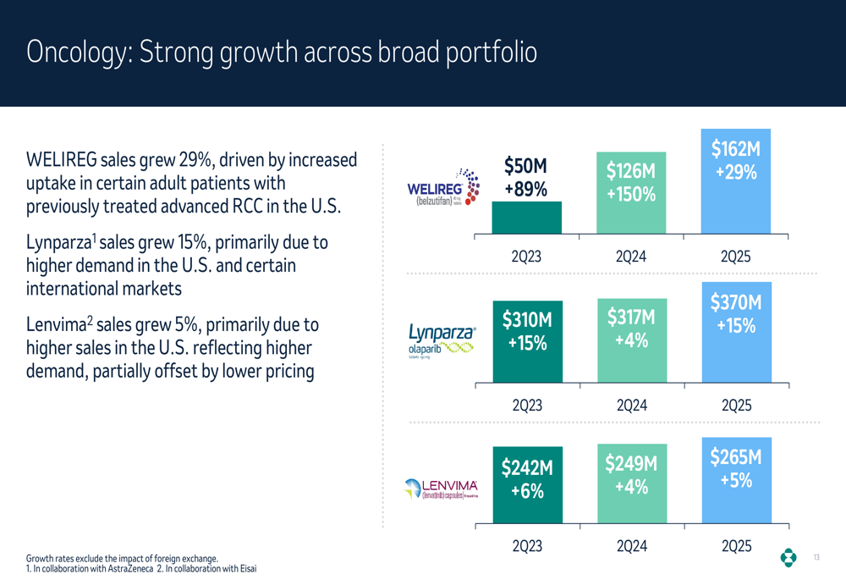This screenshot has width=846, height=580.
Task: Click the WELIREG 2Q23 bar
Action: [526, 218]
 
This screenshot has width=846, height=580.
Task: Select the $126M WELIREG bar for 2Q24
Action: [631, 193]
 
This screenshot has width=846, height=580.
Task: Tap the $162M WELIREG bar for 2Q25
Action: [736, 181]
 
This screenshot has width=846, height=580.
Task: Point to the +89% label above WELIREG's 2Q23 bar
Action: [526, 190]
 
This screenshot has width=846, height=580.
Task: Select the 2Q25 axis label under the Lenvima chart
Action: [736, 547]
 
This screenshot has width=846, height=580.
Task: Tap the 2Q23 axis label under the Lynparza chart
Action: [526, 406]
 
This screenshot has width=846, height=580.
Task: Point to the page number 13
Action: [816, 557]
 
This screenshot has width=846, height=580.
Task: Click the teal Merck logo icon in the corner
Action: [788, 557]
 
